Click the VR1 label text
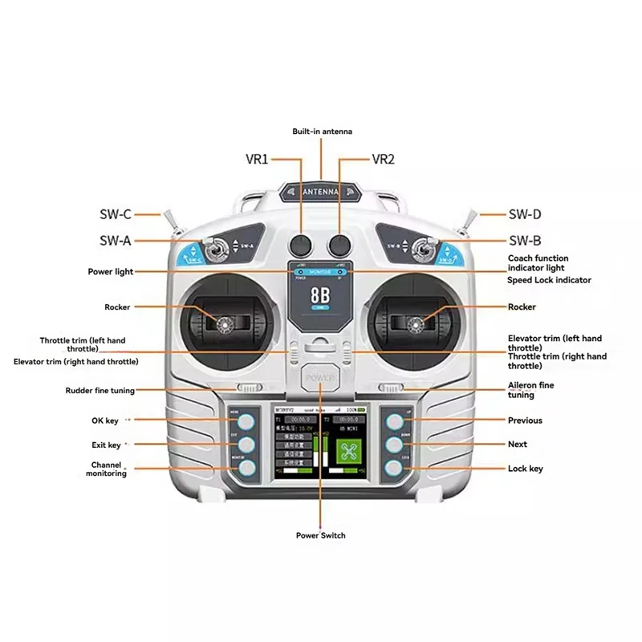click(256, 159)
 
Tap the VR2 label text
click(384, 159)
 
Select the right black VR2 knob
click(339, 245)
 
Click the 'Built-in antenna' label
click(322, 131)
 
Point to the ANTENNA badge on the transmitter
click(321, 193)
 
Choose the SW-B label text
click(525, 240)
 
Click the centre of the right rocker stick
click(416, 324)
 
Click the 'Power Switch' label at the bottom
click(321, 535)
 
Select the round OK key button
click(246, 421)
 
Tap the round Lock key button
click(394, 468)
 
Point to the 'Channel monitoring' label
click(107, 469)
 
